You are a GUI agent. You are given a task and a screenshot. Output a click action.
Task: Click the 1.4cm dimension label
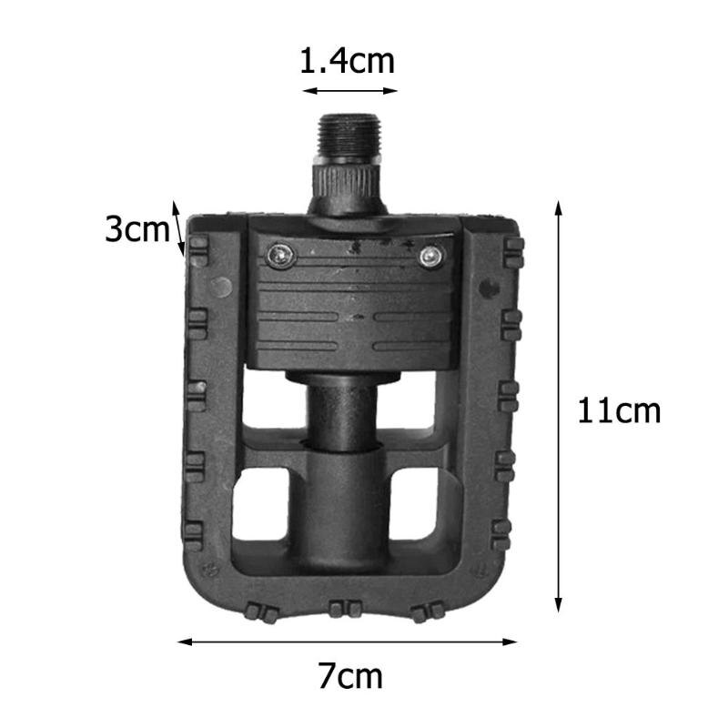(x=349, y=61)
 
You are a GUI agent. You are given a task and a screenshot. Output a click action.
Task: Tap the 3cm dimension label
(x=136, y=228)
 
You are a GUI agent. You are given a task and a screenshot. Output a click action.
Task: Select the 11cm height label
(x=619, y=411)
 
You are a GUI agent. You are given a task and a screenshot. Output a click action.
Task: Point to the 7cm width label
(x=349, y=676)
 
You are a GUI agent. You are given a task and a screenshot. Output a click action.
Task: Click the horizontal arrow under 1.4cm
(x=350, y=90)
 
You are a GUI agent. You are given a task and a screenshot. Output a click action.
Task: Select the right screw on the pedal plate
(x=429, y=259)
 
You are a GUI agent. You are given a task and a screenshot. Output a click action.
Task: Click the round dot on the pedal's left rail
(x=219, y=288)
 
